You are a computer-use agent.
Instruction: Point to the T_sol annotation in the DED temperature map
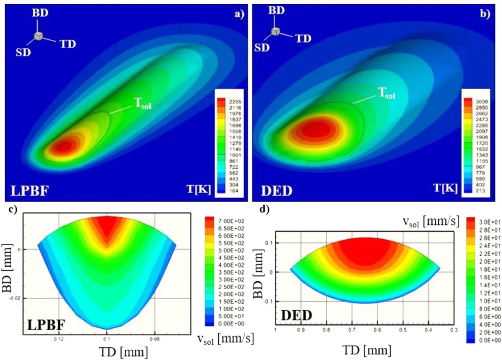tap(385, 95)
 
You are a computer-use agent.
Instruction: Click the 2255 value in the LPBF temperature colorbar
tap(232, 100)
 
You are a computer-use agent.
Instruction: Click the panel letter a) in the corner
tap(240, 14)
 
